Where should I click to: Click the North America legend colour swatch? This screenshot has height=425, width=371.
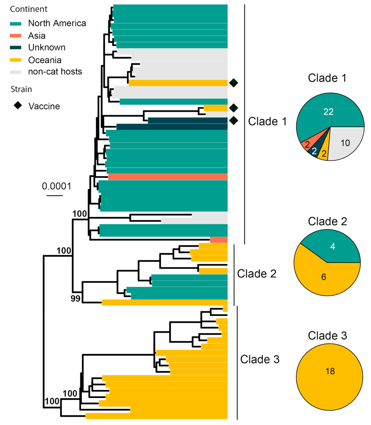[x=16, y=24]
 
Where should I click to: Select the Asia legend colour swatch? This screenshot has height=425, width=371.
[x=16, y=36]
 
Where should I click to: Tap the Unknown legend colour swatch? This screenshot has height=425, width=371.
[x=16, y=47]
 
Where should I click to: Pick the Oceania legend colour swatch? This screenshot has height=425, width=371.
[x=16, y=60]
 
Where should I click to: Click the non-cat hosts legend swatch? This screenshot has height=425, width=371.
[x=16, y=72]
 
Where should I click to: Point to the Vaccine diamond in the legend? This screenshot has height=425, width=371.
[x=17, y=106]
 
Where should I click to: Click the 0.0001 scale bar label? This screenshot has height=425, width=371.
[x=56, y=186]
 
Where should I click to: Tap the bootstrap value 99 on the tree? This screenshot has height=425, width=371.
[x=75, y=299]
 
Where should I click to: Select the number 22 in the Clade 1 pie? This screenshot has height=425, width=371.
[x=328, y=112]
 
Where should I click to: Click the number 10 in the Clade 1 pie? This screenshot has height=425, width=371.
[x=345, y=143]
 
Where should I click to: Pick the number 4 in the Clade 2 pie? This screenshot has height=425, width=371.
[x=332, y=246]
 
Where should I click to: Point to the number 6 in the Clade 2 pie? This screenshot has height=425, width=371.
[x=324, y=277]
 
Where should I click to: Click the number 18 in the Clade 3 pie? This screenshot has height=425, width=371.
[x=330, y=371]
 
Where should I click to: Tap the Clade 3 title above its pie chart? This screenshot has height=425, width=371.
[x=327, y=336]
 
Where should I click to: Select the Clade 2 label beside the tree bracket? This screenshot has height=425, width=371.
[x=256, y=273]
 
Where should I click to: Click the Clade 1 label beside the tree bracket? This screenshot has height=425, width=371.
[x=267, y=121]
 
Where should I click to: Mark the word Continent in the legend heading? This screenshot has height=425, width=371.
[x=29, y=9]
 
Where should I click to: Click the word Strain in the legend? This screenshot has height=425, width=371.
[x=21, y=89]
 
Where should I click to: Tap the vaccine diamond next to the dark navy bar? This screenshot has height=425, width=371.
[x=233, y=121]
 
